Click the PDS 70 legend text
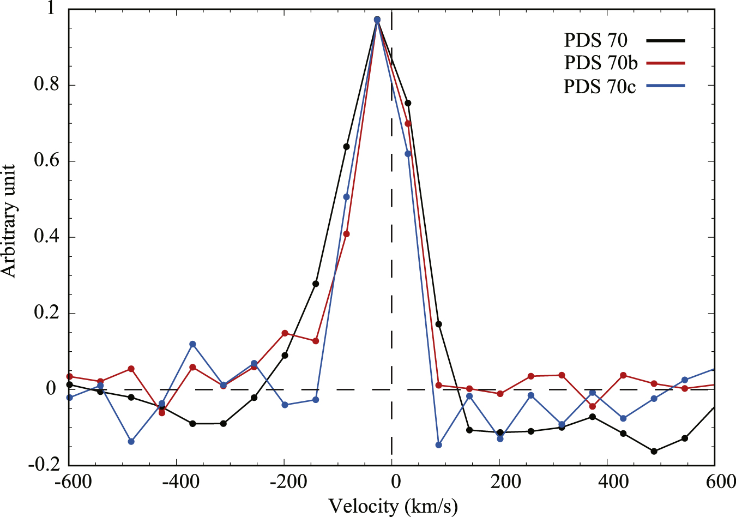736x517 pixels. point(595,40)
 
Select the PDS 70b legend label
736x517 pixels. point(600,63)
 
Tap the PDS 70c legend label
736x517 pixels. point(600,87)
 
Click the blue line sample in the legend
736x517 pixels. point(665,86)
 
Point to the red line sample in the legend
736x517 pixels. point(665,63)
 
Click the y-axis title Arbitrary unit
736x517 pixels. point(9,220)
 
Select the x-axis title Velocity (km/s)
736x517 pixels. point(393,506)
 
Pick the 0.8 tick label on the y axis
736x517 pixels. point(46,85)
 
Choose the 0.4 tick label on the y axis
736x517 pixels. point(46,237)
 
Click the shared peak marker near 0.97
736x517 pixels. point(377,20)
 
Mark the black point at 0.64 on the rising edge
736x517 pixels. point(346,147)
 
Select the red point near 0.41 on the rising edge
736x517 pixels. point(346,234)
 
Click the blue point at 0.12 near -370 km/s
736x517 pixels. point(192,344)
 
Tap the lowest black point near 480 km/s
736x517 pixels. point(654,451)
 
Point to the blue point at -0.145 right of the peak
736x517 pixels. point(438,445)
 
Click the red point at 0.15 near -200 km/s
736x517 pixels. point(285,333)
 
